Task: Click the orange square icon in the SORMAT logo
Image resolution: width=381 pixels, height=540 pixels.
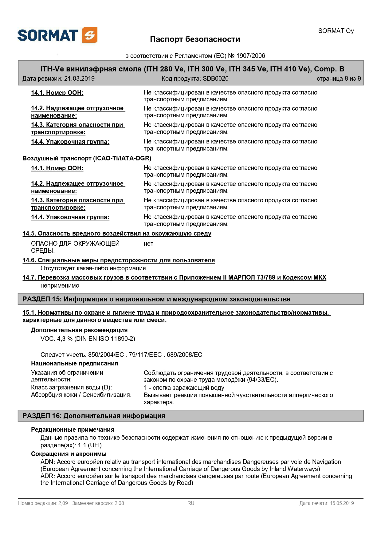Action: coord(90,35)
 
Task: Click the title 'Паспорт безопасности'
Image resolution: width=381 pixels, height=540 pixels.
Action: coord(195,39)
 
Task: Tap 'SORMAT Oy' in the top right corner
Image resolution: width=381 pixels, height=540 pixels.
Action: coord(336,31)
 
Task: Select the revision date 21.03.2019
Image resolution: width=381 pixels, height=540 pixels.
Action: coord(79,79)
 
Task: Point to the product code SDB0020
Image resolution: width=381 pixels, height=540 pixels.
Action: coord(215,79)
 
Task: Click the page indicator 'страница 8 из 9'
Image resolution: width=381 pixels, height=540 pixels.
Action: coord(339,79)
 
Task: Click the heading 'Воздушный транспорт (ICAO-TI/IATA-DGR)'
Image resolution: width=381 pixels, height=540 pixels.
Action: coord(87,158)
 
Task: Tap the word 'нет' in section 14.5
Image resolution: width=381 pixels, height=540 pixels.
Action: coord(148,244)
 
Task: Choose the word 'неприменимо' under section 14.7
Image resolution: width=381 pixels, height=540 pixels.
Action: coord(60,285)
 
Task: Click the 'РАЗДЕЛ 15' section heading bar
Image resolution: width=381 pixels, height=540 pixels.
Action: coord(190,299)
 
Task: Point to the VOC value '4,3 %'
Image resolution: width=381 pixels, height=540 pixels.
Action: coord(65,339)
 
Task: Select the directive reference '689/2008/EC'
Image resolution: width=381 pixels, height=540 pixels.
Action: coord(184,355)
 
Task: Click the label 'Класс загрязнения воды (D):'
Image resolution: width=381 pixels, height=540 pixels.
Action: coord(72,387)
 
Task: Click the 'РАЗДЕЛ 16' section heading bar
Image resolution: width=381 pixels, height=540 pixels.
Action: coord(190,416)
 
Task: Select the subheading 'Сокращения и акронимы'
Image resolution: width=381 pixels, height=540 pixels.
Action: coord(69,454)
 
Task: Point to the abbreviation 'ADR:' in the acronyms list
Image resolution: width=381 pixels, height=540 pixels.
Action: coord(48,476)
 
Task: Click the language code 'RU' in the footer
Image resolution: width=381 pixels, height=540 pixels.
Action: coord(191,503)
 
